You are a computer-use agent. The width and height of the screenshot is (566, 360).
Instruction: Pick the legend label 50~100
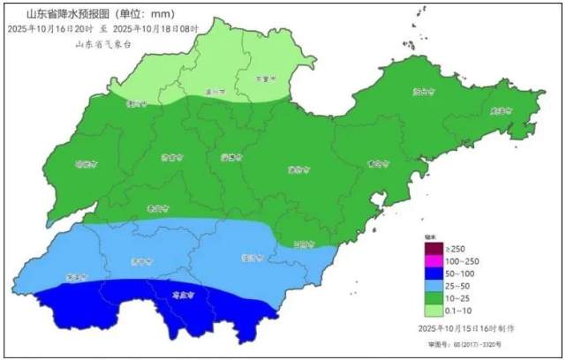459,274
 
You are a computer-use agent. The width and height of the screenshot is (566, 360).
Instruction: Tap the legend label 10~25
457,298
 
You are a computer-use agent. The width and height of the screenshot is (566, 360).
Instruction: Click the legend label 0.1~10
457,311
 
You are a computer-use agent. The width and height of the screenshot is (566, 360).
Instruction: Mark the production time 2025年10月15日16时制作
466,328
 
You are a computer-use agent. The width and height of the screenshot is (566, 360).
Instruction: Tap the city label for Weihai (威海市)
501,110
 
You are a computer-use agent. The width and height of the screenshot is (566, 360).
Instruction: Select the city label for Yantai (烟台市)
426,91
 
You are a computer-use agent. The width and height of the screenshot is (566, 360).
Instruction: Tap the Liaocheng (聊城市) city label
85,163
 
